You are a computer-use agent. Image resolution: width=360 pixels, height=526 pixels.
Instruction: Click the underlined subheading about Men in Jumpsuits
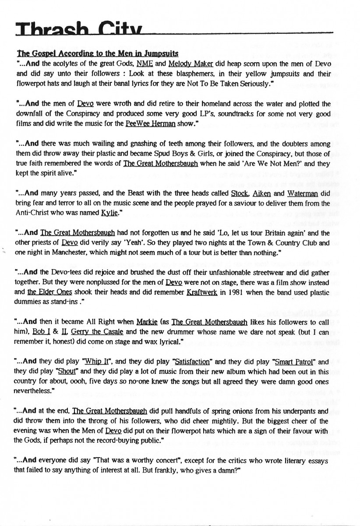[97, 54]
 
